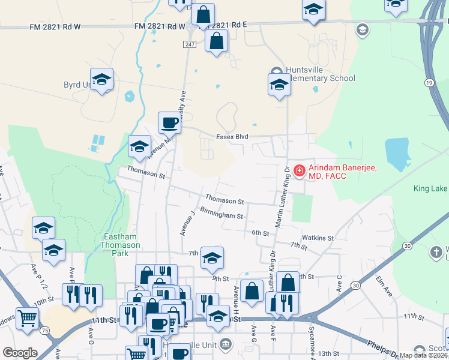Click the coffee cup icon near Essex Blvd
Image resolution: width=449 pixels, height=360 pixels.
point(169,123)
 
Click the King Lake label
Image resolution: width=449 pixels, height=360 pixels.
point(430,189)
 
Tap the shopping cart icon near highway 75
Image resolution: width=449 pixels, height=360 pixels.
point(26,319)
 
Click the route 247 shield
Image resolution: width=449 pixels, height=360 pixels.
point(190,45)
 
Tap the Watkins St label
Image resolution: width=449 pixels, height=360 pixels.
point(318,238)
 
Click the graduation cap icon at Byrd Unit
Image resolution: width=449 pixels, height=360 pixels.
point(101,79)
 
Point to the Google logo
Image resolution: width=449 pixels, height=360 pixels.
point(20,353)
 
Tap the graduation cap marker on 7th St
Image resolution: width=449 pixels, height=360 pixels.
point(212,258)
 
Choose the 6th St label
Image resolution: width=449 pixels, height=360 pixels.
point(259,233)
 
